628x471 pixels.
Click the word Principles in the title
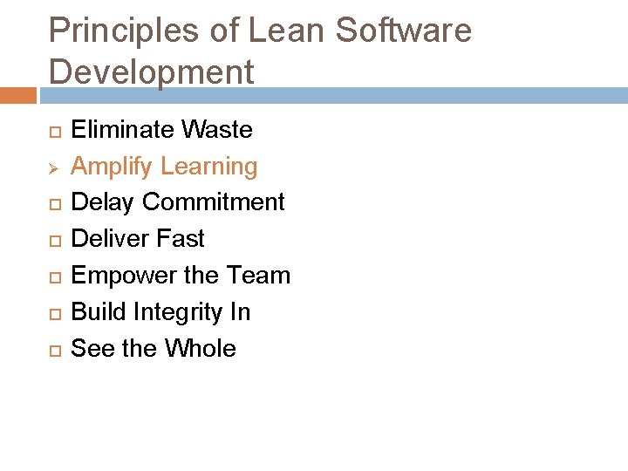[x=124, y=31]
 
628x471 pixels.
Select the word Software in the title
[x=404, y=31]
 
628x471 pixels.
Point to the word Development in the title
[x=152, y=72]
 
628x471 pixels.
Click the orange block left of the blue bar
[x=18, y=95]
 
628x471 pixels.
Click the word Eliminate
[x=122, y=130]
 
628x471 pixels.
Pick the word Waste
[x=217, y=130]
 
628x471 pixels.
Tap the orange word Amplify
[x=110, y=167]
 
